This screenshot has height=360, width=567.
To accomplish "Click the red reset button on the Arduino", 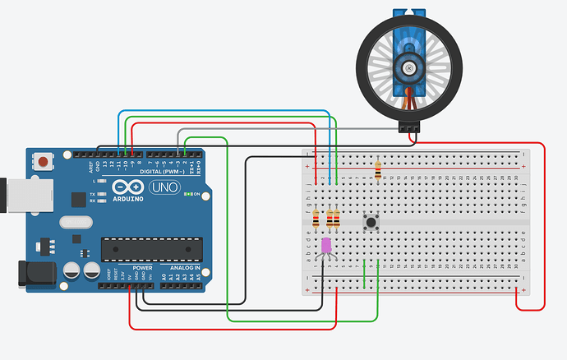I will pyautogui.click(x=41, y=163).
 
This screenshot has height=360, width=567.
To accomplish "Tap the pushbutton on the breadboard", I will pyautogui.click(x=371, y=221).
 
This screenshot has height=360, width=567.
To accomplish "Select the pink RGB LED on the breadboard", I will pyautogui.click(x=326, y=245).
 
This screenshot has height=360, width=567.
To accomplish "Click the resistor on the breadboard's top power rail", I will pyautogui.click(x=377, y=169).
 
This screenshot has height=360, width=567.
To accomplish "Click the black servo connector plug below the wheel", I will pyautogui.click(x=408, y=127).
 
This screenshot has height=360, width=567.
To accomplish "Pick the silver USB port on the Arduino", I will pyautogui.click(x=15, y=193).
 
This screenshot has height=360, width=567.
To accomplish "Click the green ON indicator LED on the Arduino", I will pyautogui.click(x=187, y=194).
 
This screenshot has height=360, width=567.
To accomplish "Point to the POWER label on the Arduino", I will pyautogui.click(x=141, y=268).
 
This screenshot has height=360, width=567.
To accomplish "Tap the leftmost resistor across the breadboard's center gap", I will pyautogui.click(x=316, y=218).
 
